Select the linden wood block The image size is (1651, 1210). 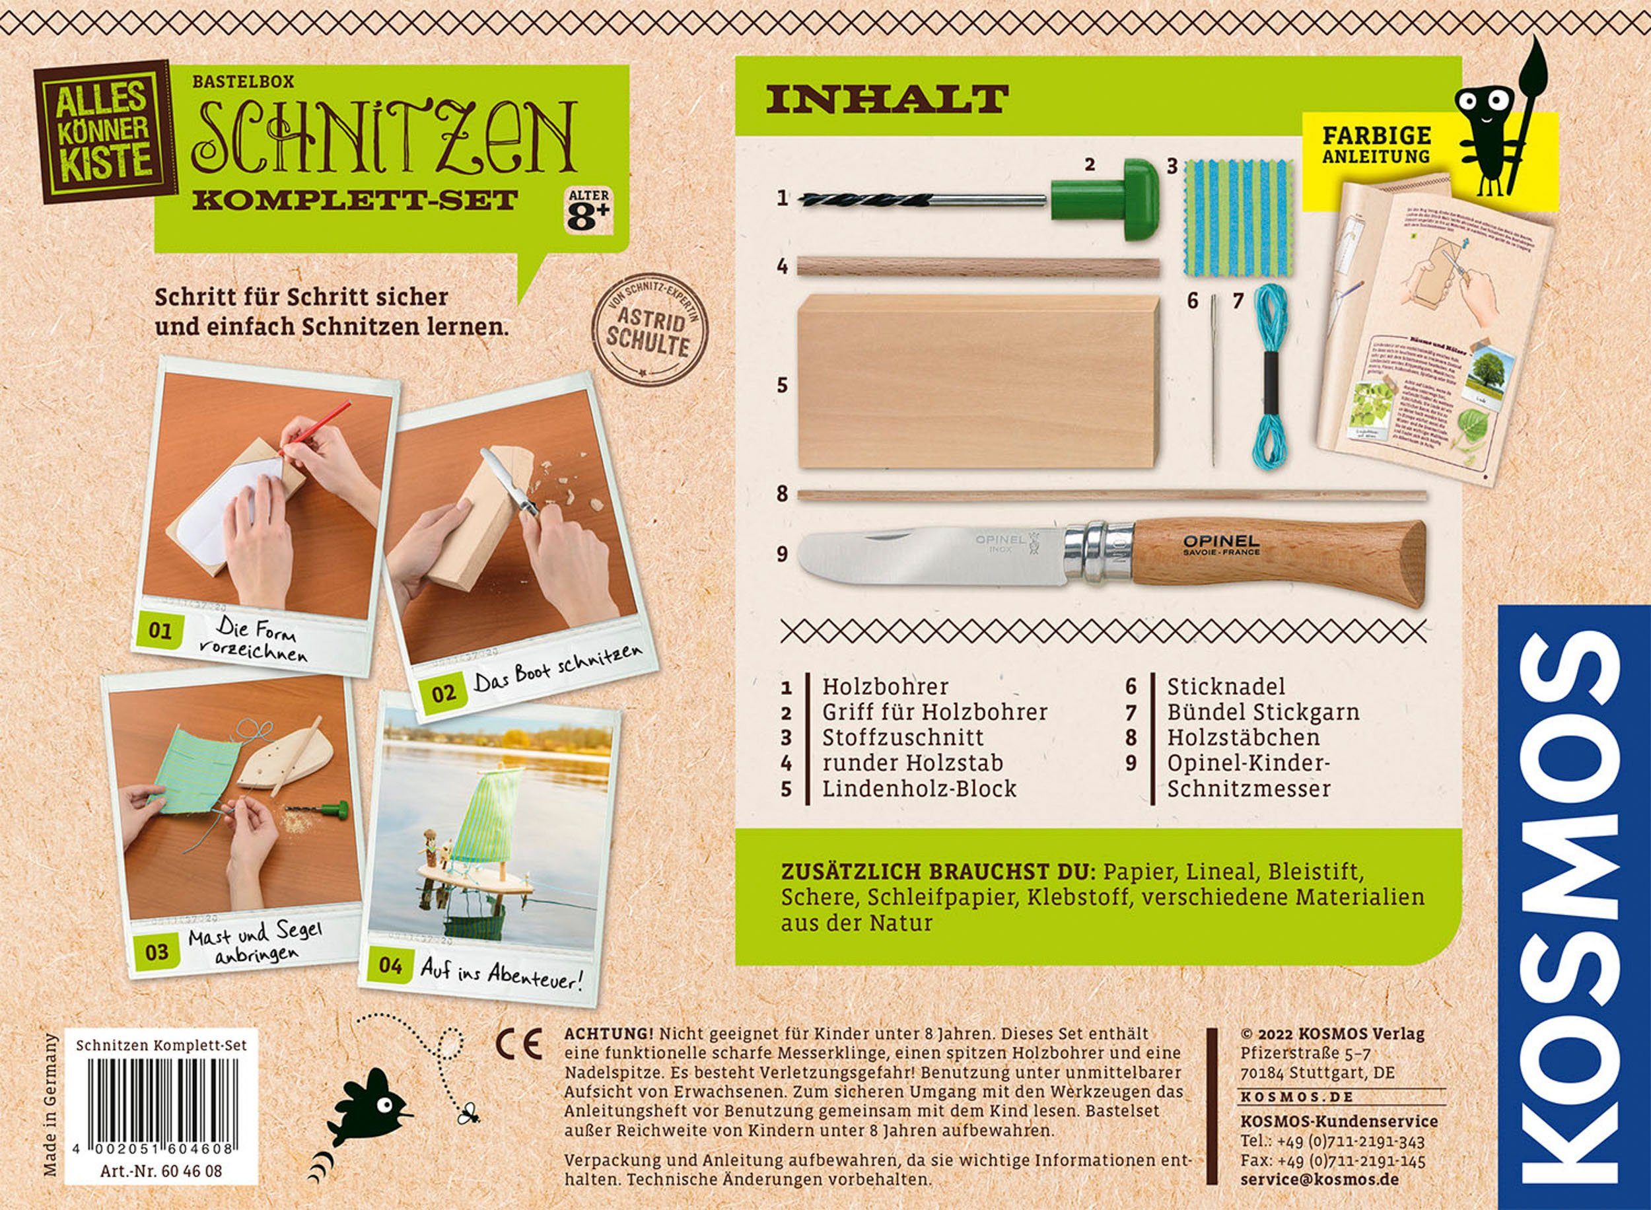[x=977, y=381]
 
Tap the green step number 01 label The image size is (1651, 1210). [x=159, y=632]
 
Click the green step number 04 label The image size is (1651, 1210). [x=391, y=966]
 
